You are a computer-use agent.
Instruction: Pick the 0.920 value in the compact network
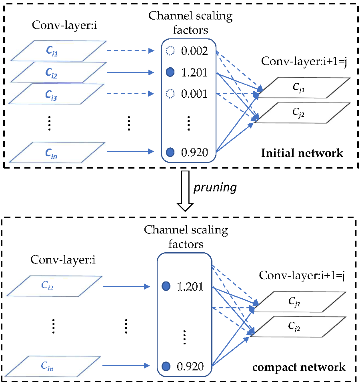click(x=190, y=366)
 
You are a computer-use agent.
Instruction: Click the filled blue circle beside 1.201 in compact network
click(x=166, y=286)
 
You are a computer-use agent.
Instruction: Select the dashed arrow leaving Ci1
click(x=130, y=51)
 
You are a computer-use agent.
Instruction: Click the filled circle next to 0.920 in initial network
click(x=170, y=152)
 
